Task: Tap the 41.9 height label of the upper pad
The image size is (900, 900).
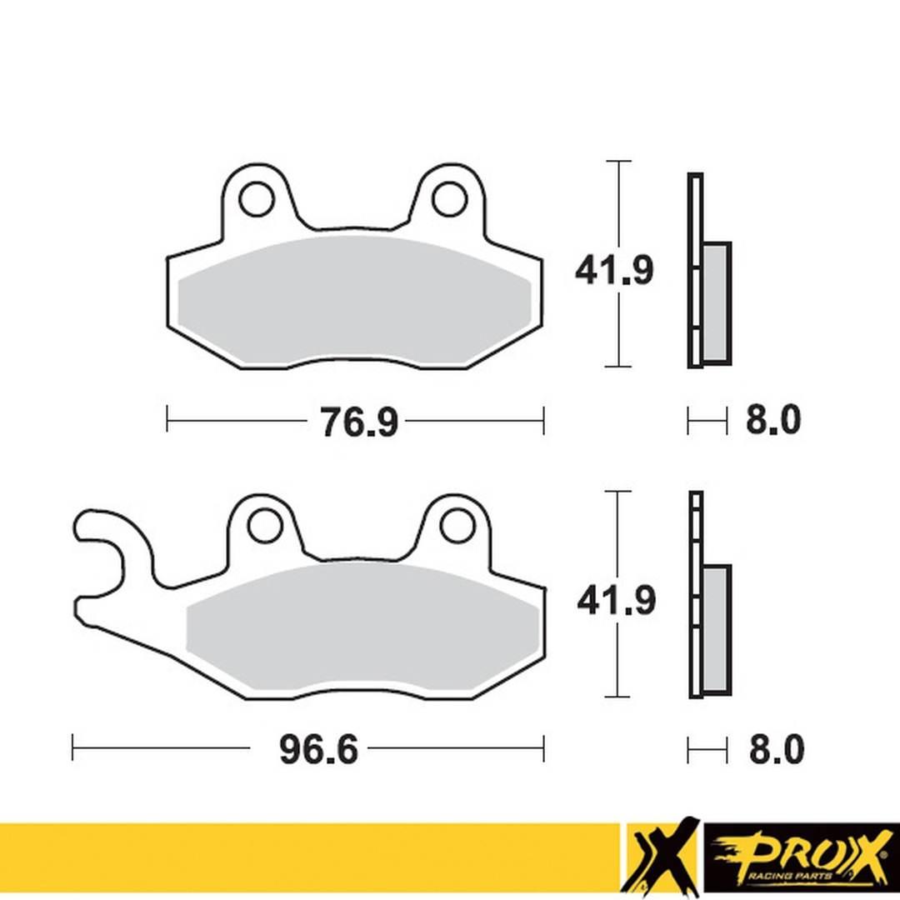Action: point(614,271)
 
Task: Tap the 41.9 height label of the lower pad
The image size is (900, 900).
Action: point(616,601)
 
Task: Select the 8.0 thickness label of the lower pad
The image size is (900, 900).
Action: point(776,750)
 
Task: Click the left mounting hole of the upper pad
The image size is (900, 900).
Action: point(255,199)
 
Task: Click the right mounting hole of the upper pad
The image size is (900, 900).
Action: point(448,198)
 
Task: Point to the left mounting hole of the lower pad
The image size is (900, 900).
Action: point(263,525)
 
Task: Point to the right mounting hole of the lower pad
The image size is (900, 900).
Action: point(457,525)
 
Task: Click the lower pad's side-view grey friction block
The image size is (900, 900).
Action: point(717,629)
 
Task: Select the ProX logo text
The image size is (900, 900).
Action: point(800,852)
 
